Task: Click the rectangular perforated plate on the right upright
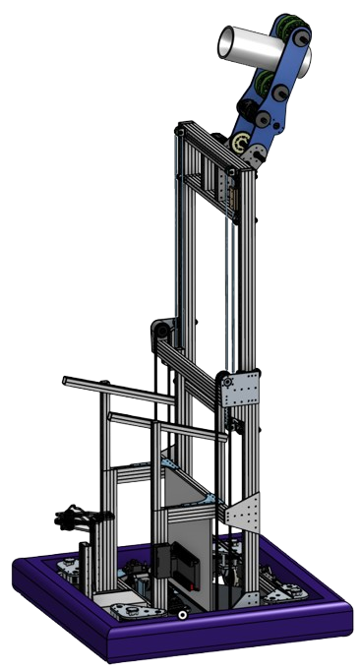tap(242, 391)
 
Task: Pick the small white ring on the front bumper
tap(184, 616)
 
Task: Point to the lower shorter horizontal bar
tap(138, 419)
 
